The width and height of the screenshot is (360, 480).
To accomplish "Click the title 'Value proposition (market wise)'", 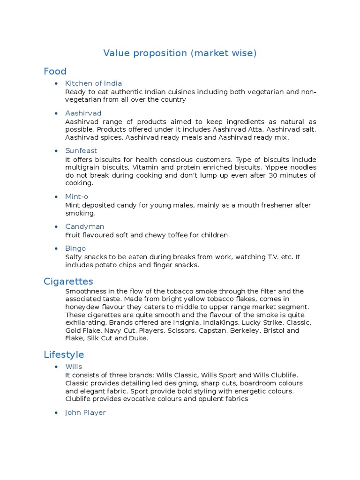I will point(180,53).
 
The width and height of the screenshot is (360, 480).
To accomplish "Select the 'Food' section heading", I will point(55,71).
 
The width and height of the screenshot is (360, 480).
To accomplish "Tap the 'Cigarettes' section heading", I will point(68,281).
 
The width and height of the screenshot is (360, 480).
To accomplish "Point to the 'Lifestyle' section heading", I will point(64,354).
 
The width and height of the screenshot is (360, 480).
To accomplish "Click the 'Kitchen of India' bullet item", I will point(94,83).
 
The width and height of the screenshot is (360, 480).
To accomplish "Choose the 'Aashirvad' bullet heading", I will point(83,113).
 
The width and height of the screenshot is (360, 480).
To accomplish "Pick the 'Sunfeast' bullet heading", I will point(81,151).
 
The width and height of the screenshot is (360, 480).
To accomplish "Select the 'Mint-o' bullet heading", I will point(76,197).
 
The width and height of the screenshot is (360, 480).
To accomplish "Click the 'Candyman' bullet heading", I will point(84,227).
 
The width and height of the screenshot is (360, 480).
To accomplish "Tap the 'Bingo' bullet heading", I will point(75,248).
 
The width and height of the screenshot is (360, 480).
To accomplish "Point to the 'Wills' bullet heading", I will point(74,367).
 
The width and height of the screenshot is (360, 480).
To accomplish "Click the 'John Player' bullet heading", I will point(85,412).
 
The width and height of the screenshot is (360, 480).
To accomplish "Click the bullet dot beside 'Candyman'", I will point(56,227).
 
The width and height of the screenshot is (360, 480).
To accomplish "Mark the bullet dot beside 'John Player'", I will point(56,413).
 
